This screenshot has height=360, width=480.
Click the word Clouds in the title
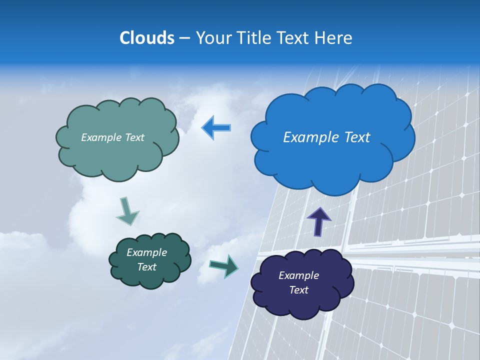pyautogui.click(x=146, y=38)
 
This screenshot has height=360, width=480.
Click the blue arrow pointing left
pyautogui.click(x=216, y=128)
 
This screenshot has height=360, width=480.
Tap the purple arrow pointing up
pyautogui.click(x=318, y=221)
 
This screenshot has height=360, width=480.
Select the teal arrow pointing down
pyautogui.click(x=127, y=211)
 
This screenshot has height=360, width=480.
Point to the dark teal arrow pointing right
pyautogui.click(x=224, y=265)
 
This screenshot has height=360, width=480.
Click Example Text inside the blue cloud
pyautogui.click(x=326, y=137)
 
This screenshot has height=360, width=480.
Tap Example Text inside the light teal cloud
pyautogui.click(x=112, y=137)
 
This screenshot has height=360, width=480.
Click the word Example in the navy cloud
pyautogui.click(x=298, y=275)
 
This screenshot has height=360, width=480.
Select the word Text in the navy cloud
pyautogui.click(x=298, y=290)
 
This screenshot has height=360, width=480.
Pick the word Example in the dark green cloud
pyautogui.click(x=146, y=252)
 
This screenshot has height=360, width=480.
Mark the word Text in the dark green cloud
pyautogui.click(x=146, y=267)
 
